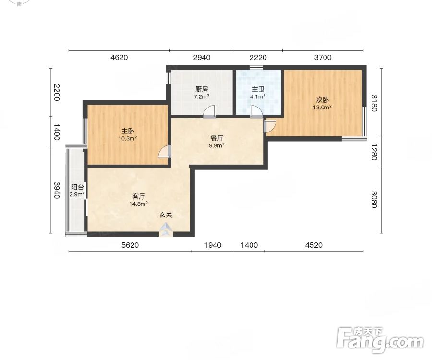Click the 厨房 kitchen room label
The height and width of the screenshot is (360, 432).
202,89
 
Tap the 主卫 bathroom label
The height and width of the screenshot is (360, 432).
258,89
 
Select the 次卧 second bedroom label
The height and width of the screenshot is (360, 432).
322,100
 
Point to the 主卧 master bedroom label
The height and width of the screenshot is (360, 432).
128,131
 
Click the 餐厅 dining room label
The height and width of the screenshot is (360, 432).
217,138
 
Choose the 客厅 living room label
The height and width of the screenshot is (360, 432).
139,196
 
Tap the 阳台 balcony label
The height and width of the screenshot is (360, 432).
77,187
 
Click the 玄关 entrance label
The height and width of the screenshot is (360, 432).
166,215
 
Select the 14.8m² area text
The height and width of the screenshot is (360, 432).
138,204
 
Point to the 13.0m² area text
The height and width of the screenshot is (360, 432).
322,108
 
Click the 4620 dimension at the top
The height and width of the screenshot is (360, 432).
119,57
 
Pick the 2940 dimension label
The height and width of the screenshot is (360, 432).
202,57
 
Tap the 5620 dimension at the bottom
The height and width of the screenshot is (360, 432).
130,245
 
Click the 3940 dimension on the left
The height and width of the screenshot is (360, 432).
57,190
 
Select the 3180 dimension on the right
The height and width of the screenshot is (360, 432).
374,103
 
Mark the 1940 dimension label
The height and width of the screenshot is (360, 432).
213,245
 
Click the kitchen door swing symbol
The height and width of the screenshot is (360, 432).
209,111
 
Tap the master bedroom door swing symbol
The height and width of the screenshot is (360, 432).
165,152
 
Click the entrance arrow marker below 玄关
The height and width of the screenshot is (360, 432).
166,230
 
